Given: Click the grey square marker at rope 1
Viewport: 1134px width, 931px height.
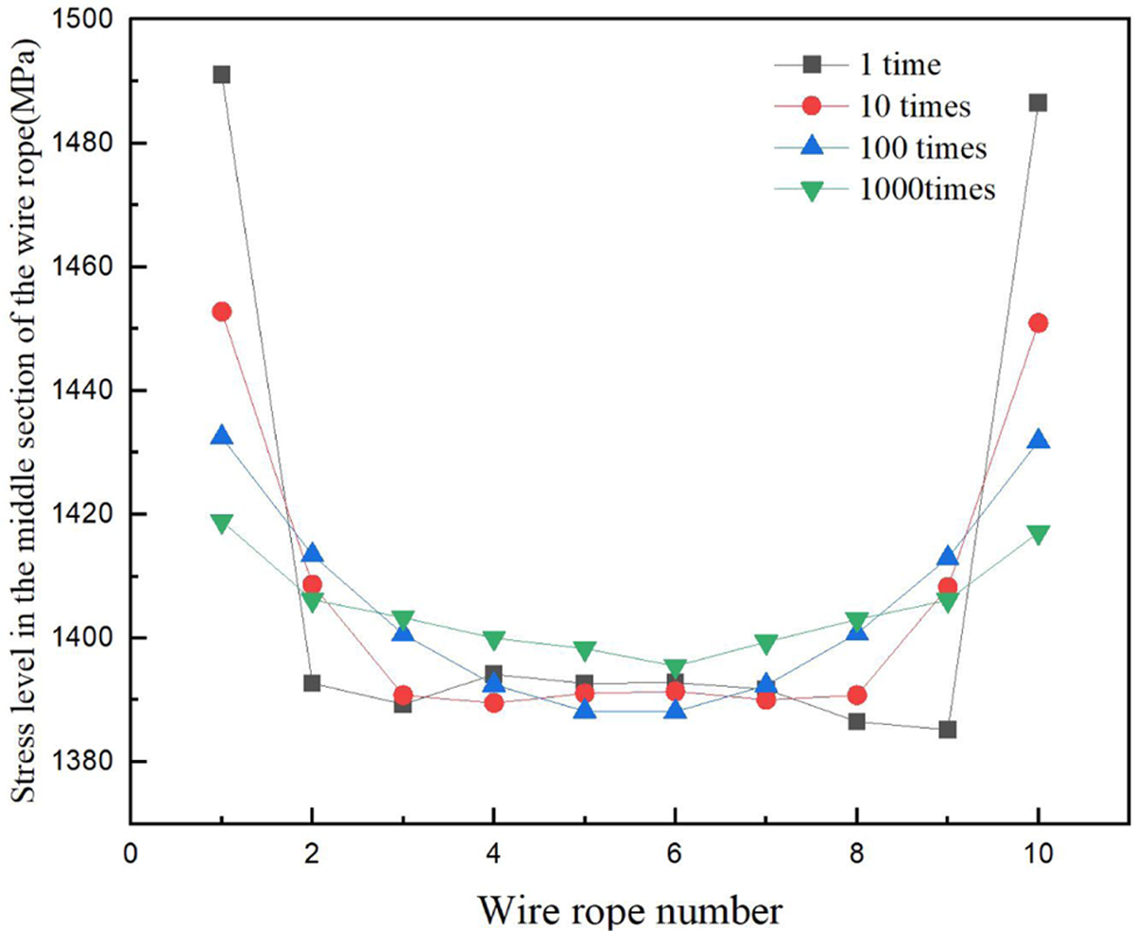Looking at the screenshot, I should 221,75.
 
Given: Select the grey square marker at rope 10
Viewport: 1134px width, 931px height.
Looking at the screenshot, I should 1038,102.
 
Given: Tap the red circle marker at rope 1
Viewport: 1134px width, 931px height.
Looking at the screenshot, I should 221,311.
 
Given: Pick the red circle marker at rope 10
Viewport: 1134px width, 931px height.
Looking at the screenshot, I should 1038,323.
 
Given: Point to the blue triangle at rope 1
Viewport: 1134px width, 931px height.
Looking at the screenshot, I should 221,436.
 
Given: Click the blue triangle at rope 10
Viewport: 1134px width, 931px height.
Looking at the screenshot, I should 1038,440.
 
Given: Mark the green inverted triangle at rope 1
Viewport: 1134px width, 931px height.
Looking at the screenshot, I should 221,524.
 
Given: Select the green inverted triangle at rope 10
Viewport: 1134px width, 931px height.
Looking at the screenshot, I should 1038,535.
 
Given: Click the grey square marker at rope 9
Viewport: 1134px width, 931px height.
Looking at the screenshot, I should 947,730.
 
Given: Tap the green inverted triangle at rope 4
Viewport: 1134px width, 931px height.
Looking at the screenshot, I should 493,641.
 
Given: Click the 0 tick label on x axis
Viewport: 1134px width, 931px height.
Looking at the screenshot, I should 130,852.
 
